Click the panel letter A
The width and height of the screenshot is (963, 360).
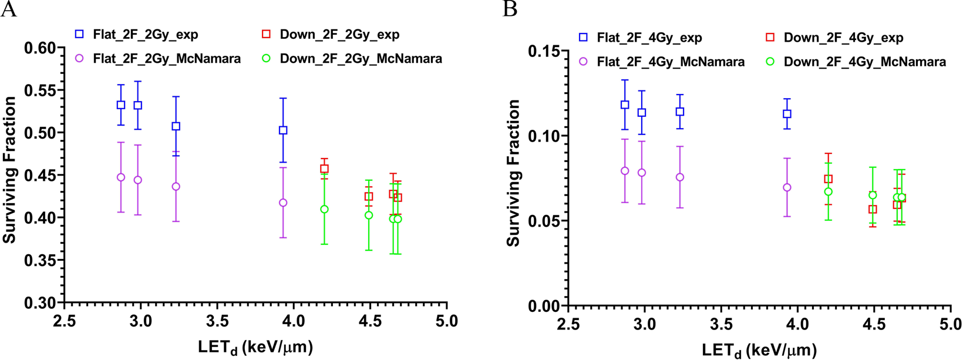(9, 9)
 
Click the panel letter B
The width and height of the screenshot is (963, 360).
(510, 9)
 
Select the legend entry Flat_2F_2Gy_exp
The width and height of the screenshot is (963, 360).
(145, 35)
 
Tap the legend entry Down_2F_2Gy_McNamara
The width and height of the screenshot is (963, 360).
(361, 59)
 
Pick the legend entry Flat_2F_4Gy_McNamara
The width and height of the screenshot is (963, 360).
(671, 62)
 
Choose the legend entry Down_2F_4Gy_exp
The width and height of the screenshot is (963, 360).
(843, 38)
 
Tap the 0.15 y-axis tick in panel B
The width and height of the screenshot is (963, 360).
(544, 51)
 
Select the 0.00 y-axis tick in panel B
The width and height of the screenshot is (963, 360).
(544, 306)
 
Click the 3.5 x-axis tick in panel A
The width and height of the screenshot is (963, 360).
(217, 321)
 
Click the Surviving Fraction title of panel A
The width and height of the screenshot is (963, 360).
(9, 170)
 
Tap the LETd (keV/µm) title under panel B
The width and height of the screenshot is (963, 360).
(759, 351)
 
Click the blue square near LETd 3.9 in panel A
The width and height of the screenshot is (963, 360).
(283, 130)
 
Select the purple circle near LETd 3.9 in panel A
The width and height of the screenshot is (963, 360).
(283, 203)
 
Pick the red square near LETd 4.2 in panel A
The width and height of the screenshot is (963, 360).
(324, 169)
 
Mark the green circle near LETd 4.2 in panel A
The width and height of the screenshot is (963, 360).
(324, 209)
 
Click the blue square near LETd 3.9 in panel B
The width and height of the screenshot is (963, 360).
(787, 114)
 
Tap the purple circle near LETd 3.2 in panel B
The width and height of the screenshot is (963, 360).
(680, 177)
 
